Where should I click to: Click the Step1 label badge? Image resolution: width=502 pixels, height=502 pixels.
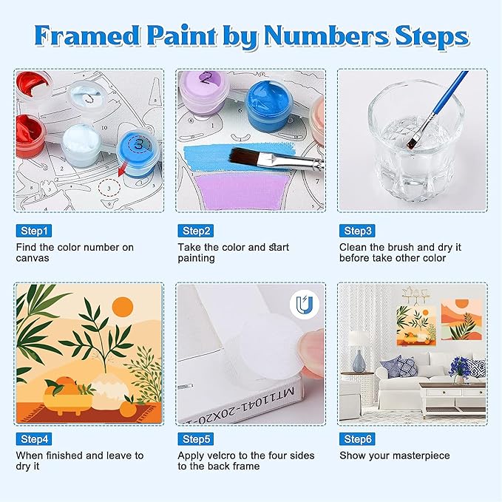coord(33,231)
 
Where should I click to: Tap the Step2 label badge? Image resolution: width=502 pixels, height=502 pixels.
coord(196,231)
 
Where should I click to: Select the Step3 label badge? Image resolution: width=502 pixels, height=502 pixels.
coord(357,231)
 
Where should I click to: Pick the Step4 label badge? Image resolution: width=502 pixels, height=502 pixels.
coord(33,439)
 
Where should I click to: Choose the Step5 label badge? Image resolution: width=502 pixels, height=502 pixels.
coord(196,439)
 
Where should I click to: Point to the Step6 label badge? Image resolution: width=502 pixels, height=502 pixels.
coord(357,439)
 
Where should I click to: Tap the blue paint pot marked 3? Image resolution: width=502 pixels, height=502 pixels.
coord(139,153)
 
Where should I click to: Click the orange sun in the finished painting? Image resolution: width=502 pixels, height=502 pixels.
coord(123,306)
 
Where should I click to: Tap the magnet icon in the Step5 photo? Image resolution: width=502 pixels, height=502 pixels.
coord(304,305)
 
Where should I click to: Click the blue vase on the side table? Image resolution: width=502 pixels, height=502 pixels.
coord(359,361)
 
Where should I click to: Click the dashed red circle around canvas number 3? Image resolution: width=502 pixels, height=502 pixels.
coord(109,188)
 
